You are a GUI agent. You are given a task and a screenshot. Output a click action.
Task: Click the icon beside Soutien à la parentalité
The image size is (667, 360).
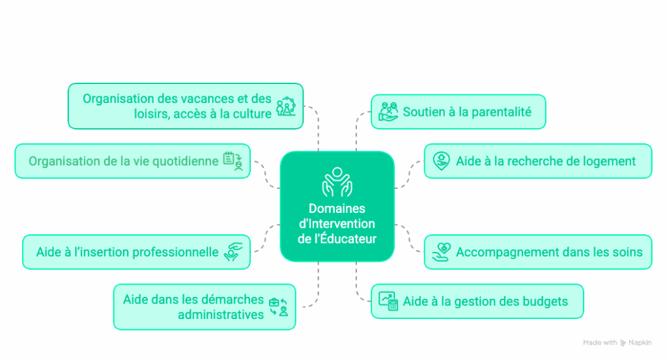pyautogui.click(x=388, y=111)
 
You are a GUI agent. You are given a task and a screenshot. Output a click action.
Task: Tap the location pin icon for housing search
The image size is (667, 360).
pyautogui.click(x=442, y=160)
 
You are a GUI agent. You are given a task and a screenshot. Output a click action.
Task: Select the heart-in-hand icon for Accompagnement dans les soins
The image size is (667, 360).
pyautogui.click(x=442, y=251)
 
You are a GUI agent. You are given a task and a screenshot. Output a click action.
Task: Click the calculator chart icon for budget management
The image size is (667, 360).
pyautogui.click(x=388, y=301)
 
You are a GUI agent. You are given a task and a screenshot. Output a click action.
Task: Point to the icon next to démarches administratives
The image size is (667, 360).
pyautogui.click(x=279, y=307)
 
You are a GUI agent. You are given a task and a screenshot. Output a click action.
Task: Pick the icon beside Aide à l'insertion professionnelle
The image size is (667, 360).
pyautogui.click(x=233, y=251)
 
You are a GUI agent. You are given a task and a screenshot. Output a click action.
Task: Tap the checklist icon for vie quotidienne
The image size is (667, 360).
pyautogui.click(x=233, y=160)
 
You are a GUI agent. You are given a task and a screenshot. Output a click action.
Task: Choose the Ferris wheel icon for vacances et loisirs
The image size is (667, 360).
pyautogui.click(x=285, y=105)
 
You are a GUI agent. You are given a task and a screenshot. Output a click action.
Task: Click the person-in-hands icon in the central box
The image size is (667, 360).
pyautogui.click(x=337, y=182)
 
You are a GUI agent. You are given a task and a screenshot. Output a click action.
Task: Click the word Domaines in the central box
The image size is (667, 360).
pyautogui.click(x=337, y=208)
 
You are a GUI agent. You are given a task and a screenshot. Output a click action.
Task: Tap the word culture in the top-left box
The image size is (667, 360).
pyautogui.click(x=251, y=114)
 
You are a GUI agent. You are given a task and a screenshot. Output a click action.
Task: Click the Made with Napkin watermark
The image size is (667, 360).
pyautogui.click(x=617, y=342)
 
